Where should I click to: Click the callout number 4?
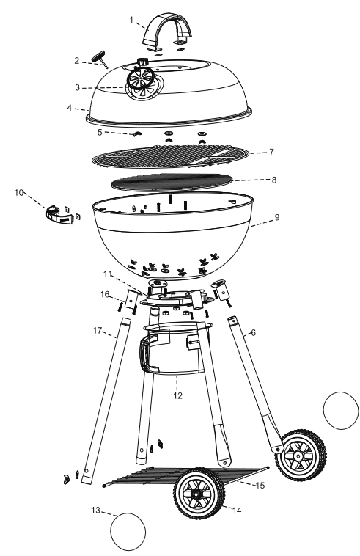coord(70,107)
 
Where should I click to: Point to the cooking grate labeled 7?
coord(170,156)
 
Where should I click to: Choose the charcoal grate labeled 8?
coord(172,183)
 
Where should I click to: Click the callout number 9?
coord(277,217)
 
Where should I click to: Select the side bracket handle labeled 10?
coord(59,215)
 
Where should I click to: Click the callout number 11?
coord(108,274)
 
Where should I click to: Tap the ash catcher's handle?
coord(144,353)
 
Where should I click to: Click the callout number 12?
coord(177,395)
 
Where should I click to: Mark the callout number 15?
coord(260,485)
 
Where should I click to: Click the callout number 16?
coord(105,294)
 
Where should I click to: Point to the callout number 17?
coord(98,331)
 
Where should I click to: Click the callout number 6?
coord(253,332)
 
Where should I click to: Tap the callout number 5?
coord(100,132)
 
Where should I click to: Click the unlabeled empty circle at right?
coord(341,410)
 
